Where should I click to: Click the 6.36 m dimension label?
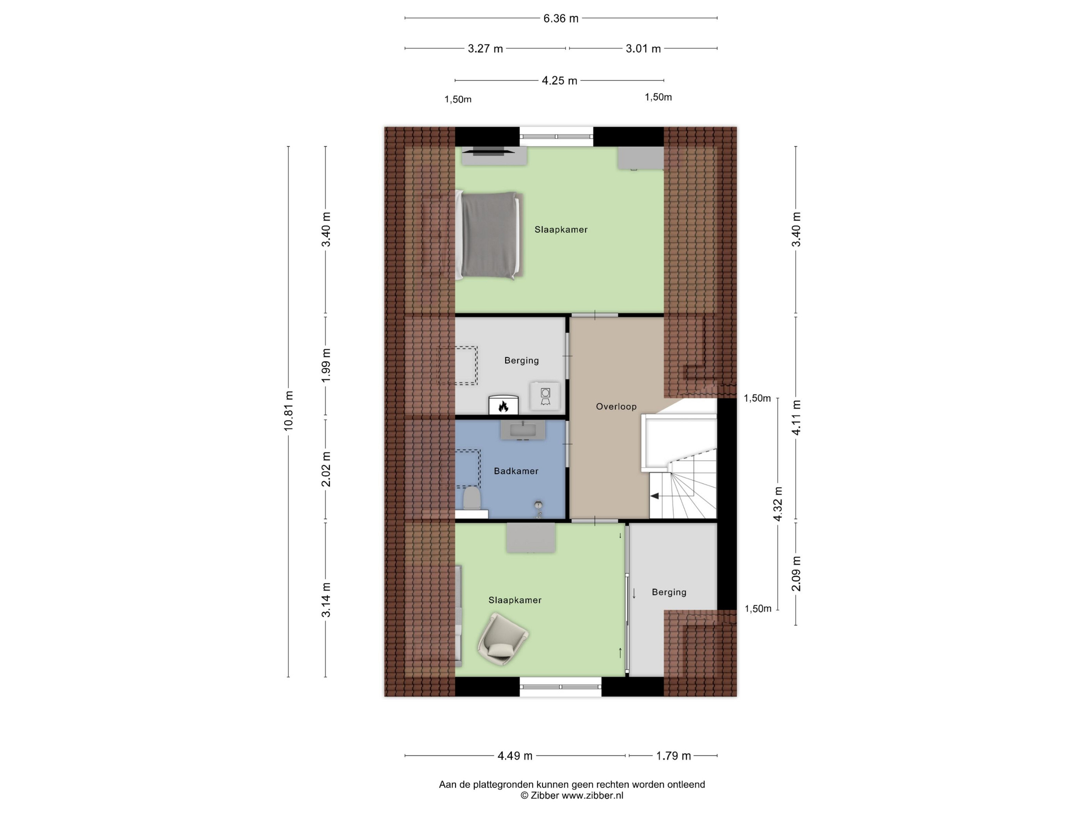pos(561,19)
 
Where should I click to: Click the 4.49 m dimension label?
pos(515,756)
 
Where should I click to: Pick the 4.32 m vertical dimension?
pos(778,504)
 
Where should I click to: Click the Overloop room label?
pos(616,406)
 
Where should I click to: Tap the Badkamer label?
pos(516,471)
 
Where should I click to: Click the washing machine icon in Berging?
pos(545,396)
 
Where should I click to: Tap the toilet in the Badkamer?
pos(472,498)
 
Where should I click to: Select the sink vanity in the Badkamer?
pos(523,430)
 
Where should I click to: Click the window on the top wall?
pos(556,137)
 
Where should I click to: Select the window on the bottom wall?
pos(560,686)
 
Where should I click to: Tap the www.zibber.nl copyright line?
pos(571,795)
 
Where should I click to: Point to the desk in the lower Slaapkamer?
pos(531,538)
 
